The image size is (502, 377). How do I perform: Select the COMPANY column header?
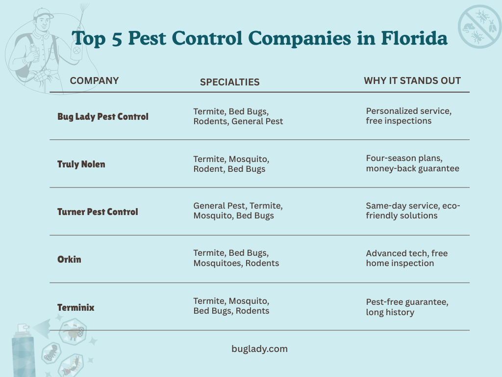94,81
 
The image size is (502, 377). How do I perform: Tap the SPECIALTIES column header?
229,82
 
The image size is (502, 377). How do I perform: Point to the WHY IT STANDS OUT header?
412,81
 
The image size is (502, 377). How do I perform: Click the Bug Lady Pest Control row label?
103,117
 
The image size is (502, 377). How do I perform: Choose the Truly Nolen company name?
81,164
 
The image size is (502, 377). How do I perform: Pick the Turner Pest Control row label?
98,212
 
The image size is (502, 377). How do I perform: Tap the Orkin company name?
69,259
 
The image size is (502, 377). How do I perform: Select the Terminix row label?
76,308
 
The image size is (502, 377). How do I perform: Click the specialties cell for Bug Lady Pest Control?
238,116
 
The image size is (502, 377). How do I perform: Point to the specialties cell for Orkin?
236,258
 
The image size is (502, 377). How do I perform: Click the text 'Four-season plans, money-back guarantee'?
412,163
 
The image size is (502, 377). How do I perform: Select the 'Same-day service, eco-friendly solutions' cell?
413,211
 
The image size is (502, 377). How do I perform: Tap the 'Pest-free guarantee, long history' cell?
407,307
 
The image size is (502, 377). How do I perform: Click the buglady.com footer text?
259,349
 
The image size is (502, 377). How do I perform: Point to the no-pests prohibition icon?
479,27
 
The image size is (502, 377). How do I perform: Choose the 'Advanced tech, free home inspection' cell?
406,258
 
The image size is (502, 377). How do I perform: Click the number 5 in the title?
116,38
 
